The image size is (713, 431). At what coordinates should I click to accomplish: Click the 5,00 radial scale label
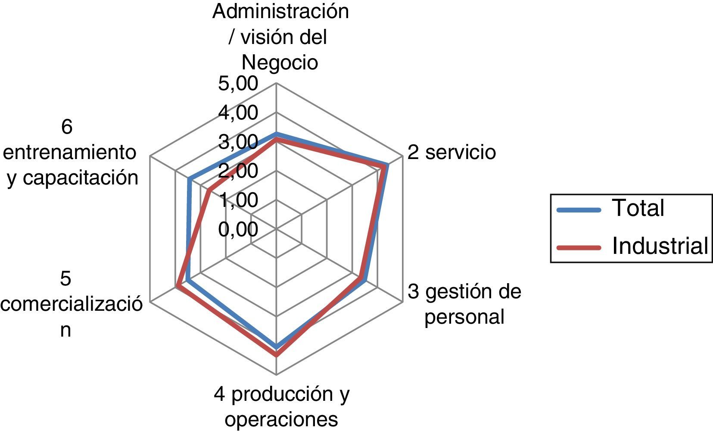click(238, 84)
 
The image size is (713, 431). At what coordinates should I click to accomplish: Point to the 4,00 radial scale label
click(238, 113)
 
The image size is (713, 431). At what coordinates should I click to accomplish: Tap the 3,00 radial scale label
click(238, 142)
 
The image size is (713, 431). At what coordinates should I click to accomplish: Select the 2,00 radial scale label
click(238, 171)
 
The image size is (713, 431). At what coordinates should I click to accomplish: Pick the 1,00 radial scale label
click(238, 200)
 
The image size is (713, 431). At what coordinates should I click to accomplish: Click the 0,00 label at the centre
click(238, 229)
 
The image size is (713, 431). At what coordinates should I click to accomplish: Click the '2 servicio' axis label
click(451, 152)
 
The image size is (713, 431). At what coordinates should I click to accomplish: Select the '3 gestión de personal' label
click(464, 304)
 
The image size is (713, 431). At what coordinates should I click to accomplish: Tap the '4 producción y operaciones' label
click(281, 406)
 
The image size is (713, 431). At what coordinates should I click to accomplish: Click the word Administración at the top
click(280, 12)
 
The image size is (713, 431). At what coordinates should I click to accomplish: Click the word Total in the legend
click(638, 208)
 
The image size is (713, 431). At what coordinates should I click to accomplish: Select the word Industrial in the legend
click(660, 246)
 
